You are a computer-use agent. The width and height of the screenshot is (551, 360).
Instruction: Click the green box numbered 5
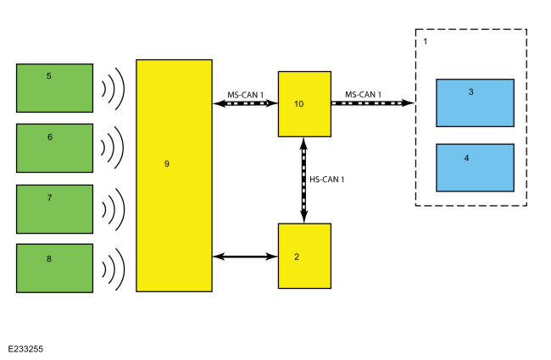[x=54, y=87]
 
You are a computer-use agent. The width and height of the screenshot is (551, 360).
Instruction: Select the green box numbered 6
[x=54, y=147]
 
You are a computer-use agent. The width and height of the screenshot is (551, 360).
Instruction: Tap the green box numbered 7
[x=54, y=208]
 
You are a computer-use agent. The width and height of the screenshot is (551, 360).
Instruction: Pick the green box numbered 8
[x=54, y=268]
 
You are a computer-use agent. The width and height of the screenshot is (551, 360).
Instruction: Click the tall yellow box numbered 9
[x=174, y=175]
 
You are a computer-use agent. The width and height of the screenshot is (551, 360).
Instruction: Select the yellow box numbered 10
[x=304, y=103]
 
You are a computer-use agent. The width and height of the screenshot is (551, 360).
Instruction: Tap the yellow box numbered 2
[x=304, y=256]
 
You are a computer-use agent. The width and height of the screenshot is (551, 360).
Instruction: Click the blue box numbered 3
[x=475, y=103]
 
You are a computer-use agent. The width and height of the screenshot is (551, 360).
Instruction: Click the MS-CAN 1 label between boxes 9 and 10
[x=245, y=93]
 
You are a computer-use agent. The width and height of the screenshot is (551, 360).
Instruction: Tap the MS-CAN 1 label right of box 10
[x=363, y=93]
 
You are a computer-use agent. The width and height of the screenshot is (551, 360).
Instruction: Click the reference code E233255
[x=26, y=348]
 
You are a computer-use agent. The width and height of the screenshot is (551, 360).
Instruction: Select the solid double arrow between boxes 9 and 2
[x=245, y=255]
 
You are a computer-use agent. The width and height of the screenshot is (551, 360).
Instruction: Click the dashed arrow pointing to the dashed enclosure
[x=372, y=103]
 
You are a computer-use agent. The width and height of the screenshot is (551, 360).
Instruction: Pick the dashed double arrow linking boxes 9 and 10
[x=245, y=103]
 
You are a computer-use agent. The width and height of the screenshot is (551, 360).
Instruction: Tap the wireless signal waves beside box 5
[x=113, y=87]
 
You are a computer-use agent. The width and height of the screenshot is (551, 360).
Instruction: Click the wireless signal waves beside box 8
[x=113, y=268]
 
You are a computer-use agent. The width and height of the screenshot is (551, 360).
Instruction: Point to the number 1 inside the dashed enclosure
[x=425, y=40]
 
